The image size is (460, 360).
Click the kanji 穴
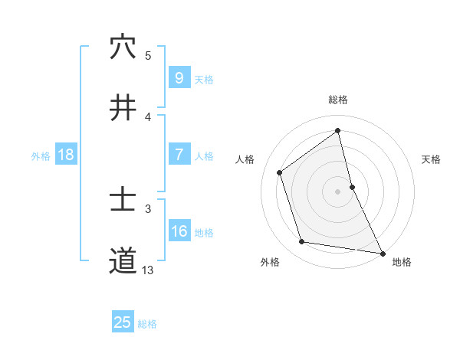pos(123,47)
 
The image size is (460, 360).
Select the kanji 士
pos(123,201)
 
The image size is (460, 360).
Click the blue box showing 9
pos(179,77)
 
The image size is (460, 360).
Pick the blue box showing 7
pos(179,155)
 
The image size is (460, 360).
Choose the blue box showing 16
pos(179,232)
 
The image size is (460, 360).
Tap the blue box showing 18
pos(66,155)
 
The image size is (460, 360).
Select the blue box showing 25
pos(123,322)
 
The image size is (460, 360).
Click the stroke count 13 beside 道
pos(148,270)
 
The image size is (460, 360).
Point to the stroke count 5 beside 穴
pos(148,55)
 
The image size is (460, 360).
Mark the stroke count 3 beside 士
pos(148,208)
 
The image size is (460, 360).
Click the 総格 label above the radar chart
pos(338,100)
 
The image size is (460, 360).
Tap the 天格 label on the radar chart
pos(431,159)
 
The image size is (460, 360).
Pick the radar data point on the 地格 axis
pos(382,253)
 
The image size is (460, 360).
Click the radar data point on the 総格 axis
pos(338,131)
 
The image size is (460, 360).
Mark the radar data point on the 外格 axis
pos(302,242)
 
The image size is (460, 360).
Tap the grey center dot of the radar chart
pos(338,191)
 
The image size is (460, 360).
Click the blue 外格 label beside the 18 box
pos(41,155)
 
